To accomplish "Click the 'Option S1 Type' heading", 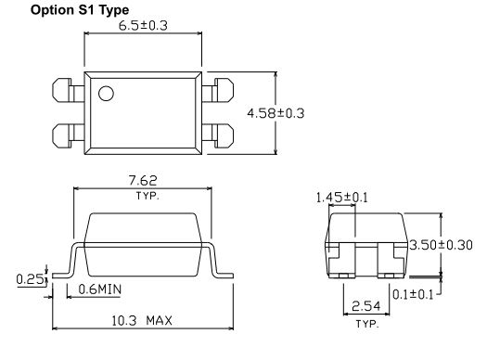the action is tap(80, 10).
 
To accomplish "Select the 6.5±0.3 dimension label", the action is tap(143, 25).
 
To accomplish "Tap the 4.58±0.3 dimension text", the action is tap(276, 113).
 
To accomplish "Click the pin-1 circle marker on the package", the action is tap(106, 93).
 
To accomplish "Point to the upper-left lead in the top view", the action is tap(68, 90).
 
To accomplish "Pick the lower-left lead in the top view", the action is tap(68, 136).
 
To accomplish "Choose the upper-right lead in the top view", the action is tap(218, 90).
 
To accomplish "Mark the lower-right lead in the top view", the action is tap(218, 136).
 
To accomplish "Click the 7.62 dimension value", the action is tap(143, 181).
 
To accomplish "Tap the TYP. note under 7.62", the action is tap(147, 196).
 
